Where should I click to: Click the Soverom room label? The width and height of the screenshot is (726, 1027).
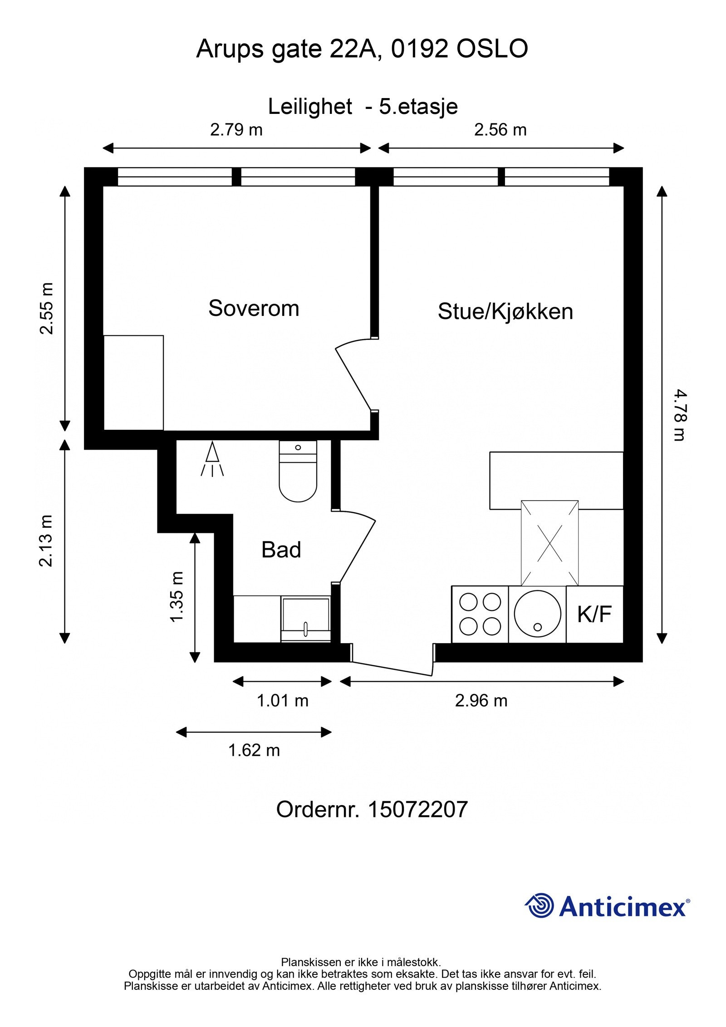(x=253, y=309)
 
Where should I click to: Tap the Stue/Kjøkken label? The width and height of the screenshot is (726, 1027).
(x=505, y=312)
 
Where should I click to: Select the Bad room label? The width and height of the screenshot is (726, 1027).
(x=281, y=550)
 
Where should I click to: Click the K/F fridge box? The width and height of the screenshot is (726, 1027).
(x=594, y=614)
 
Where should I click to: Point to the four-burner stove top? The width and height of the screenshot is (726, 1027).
(x=480, y=614)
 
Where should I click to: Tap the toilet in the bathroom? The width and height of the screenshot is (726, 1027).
(x=298, y=474)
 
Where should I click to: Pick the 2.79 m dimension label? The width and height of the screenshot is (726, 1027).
(x=236, y=130)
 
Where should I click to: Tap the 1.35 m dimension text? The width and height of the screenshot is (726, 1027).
(x=177, y=596)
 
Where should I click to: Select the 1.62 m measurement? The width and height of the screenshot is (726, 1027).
(x=254, y=750)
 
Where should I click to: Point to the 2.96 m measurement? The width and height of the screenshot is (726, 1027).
(x=481, y=701)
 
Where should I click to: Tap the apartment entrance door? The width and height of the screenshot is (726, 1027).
(x=392, y=668)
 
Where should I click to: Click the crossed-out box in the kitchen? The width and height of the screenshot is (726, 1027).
(x=549, y=543)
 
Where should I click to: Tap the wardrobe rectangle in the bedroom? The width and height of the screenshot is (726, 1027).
(x=133, y=383)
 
